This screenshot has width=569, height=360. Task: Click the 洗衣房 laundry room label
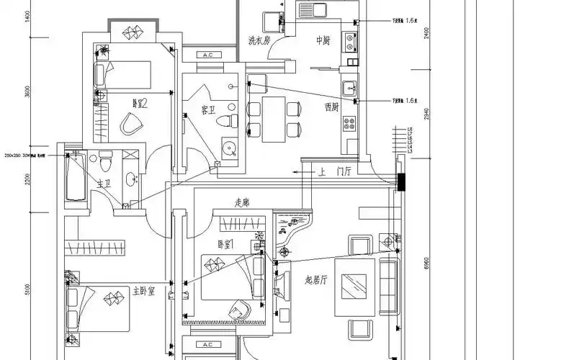pyautogui.click(x=259, y=40)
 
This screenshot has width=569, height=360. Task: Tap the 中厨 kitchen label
pyautogui.click(x=323, y=40)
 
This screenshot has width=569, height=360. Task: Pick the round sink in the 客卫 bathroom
pyautogui.click(x=230, y=150)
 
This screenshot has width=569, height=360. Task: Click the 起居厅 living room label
pyautogui.click(x=318, y=279)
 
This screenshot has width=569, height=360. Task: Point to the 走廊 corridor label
pyautogui.click(x=243, y=203)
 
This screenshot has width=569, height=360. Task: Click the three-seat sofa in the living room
pyautogui.click(x=387, y=286)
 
